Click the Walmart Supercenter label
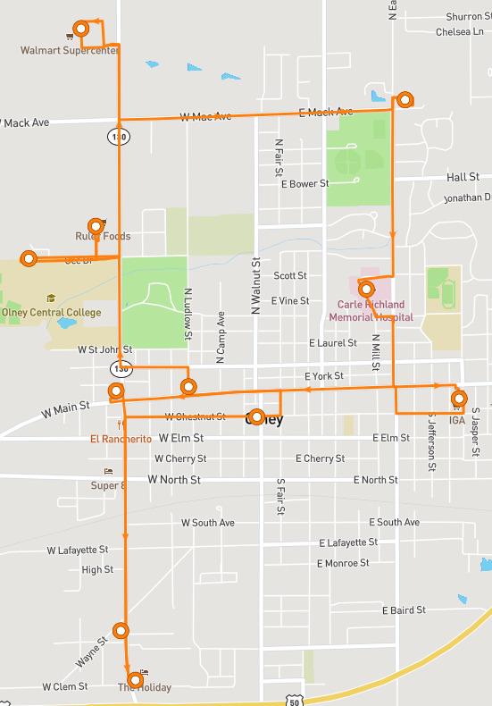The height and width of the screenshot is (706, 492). point(70,51)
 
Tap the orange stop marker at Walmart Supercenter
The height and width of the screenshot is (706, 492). point(82,29)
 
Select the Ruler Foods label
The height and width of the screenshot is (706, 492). point(103,237)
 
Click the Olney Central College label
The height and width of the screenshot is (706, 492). point(52,313)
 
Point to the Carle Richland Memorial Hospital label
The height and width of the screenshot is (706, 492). point(371,311)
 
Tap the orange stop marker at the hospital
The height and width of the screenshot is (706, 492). point(365,289)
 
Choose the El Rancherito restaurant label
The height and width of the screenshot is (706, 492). point(121,439)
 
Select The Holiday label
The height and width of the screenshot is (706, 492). point(144,687)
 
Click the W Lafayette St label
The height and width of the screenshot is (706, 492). point(78,550)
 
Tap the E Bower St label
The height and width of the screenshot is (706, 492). point(304,184)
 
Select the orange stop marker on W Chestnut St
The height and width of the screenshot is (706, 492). point(257,416)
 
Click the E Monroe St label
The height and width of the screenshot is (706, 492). point(343,563)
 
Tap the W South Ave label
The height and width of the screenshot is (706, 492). point(207,523)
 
